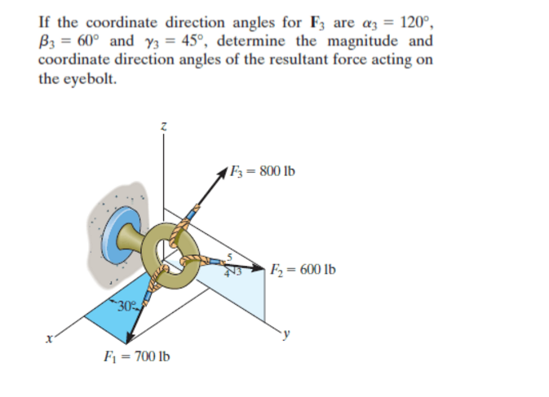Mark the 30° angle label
[126, 307]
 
